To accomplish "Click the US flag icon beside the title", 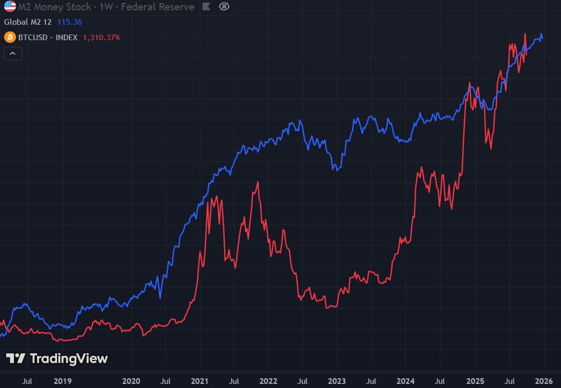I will point(10,7).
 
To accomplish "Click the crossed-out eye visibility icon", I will point(224,7).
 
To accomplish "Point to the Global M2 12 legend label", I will point(28,22).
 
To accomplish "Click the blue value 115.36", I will point(70,22).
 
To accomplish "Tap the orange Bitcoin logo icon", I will point(9,37).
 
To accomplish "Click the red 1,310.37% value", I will point(101,37).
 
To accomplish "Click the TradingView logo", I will point(57,359).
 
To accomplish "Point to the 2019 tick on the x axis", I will point(62,381).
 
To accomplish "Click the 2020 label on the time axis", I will point(131,381).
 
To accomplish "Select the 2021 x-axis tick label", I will point(199,381).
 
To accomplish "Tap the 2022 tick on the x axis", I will point(268,381).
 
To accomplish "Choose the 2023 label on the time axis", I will point(337,381).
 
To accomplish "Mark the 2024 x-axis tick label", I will point(405,381).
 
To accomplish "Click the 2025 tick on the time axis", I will point(474,381).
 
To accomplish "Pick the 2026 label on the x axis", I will point(543,381).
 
